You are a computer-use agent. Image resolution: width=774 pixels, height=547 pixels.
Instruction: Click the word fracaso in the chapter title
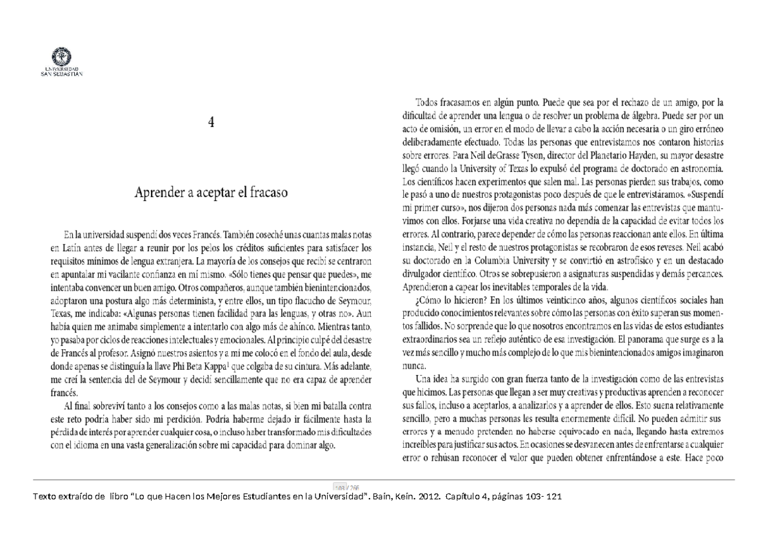pyautogui.click(x=266, y=193)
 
